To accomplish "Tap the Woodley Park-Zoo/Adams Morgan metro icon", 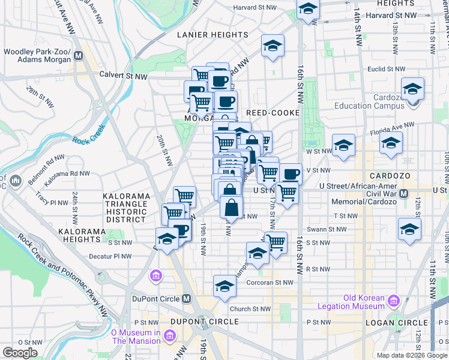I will (78, 57).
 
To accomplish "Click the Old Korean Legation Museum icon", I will (394, 299).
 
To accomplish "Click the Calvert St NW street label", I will (124, 76).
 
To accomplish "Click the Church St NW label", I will (250, 309).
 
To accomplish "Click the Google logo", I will (20, 353).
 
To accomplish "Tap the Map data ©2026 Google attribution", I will (411, 355).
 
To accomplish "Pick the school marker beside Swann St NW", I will (409, 229).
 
